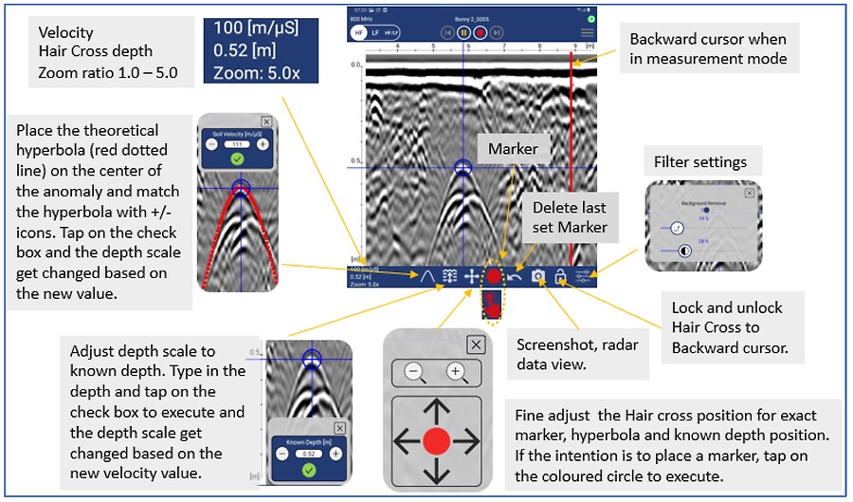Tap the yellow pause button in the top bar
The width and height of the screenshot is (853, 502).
(464, 31)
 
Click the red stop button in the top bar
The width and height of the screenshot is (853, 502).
(481, 31)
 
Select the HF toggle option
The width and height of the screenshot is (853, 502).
(359, 31)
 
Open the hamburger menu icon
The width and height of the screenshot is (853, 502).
(588, 31)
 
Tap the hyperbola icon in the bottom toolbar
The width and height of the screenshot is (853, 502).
(427, 276)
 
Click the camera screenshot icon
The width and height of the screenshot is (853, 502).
(537, 276)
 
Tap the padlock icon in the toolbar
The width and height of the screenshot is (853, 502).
(560, 276)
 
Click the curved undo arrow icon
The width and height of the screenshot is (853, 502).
(515, 276)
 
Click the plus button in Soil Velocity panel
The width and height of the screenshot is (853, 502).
(263, 144)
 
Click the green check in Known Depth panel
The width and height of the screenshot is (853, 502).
(307, 468)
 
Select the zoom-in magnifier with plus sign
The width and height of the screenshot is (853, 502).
(456, 372)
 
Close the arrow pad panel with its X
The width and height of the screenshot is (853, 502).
(476, 344)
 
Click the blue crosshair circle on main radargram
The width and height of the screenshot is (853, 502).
(463, 168)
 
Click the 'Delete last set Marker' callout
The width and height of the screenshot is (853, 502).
(568, 217)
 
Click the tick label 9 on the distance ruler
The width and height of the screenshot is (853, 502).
(577, 45)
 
